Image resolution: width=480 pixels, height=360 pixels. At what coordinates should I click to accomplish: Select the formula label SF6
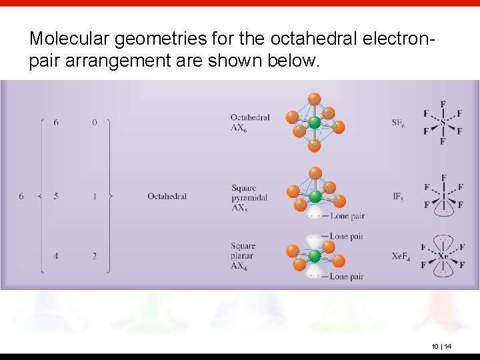398,123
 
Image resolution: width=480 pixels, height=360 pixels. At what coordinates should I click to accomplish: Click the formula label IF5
397,196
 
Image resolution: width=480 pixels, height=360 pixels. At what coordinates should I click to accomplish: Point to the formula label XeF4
400,256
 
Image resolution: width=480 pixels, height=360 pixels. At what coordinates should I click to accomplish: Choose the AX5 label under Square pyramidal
239,207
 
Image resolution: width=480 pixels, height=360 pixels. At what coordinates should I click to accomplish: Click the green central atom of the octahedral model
314,123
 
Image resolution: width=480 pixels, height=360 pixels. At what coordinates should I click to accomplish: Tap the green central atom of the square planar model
314,256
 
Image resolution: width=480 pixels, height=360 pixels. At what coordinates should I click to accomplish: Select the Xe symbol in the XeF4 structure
443,256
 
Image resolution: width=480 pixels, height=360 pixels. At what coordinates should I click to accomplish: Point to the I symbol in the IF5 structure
443,197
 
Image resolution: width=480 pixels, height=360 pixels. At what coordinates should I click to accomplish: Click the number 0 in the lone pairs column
95,123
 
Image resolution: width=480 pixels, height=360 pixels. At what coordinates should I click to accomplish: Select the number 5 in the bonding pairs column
56,196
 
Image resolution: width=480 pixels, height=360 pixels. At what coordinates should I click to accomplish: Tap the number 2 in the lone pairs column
95,256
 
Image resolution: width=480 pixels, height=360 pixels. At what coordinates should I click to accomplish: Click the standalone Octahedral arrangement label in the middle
167,196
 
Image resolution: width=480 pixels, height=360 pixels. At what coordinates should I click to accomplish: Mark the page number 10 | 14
441,346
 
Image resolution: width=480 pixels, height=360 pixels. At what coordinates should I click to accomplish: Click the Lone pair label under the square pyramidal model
347,216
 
